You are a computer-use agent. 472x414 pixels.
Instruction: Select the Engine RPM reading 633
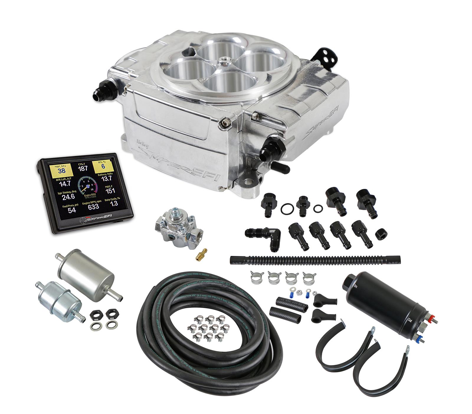93,207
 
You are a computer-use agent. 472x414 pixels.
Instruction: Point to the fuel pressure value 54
72,210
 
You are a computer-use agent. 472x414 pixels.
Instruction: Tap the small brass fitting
201,254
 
